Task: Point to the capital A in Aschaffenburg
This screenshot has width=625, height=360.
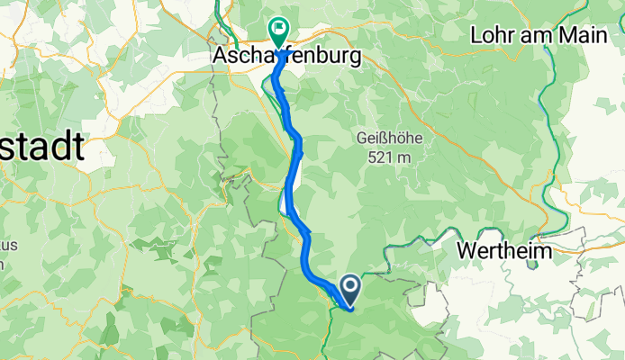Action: pyautogui.click(x=222, y=56)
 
